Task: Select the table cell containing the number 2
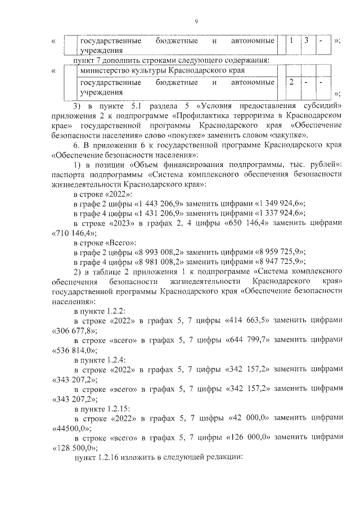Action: [x=291, y=83]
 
